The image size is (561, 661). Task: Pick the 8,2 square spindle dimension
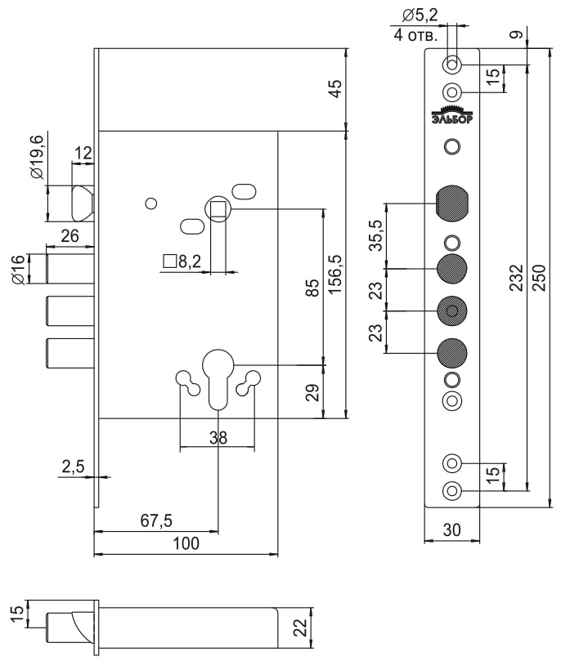pos(182,261)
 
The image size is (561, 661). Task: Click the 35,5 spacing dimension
pos(375,234)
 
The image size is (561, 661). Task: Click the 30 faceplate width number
pos(451,529)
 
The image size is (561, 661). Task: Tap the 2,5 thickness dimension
pos(73,467)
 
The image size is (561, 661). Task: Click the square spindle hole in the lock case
pos(218,210)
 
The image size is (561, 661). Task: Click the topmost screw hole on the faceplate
pos(451,65)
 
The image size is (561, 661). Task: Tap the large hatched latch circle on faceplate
pos(451,203)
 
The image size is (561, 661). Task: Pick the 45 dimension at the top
pos(334,89)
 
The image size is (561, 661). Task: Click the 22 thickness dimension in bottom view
pos(300,628)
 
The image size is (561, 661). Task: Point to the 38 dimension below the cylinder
pos(218,437)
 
